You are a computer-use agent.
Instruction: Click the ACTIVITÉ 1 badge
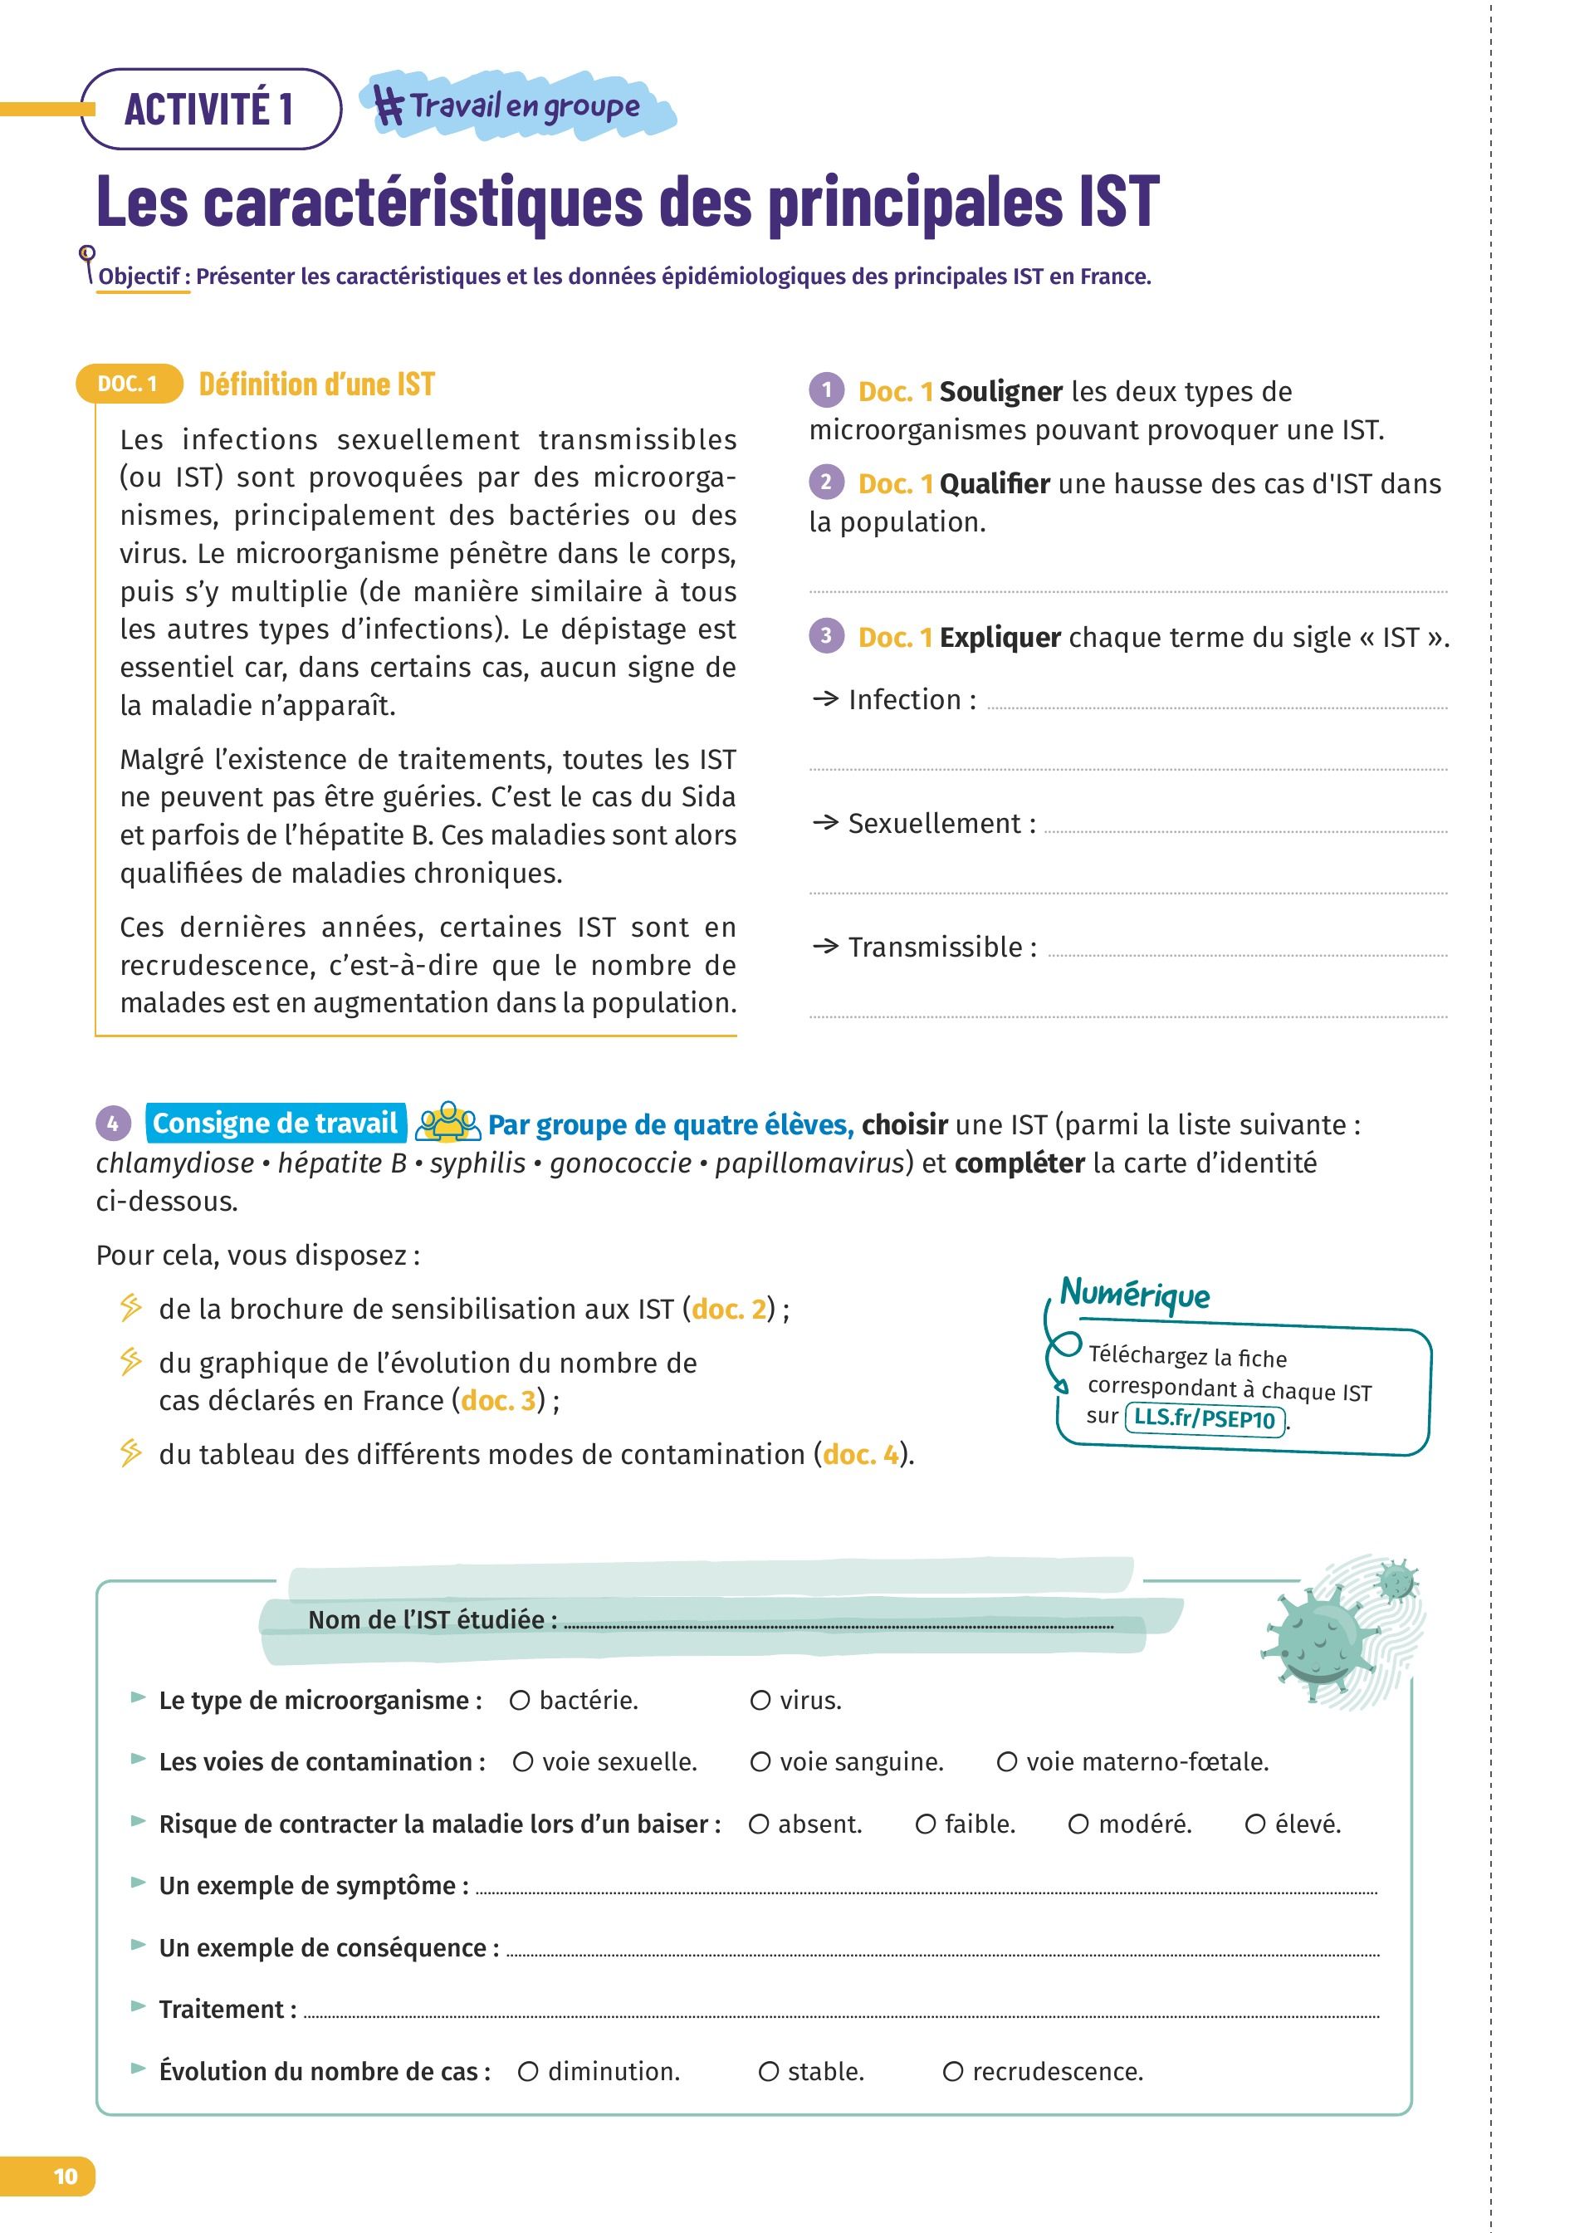coord(209,109)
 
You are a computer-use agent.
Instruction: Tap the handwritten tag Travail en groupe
coord(516,106)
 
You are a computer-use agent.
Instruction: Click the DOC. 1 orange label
coord(129,384)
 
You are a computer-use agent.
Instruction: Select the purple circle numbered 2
coord(826,482)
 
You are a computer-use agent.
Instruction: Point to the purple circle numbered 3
coord(826,636)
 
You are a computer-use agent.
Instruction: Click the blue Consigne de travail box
coord(275,1123)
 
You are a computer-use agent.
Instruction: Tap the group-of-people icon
coord(447,1123)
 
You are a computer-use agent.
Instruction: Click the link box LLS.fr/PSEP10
coord(1205,1418)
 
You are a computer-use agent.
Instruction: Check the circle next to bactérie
coord(521,1701)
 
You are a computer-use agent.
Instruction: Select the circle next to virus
coord(760,1701)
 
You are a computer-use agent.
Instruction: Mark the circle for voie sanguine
coord(760,1763)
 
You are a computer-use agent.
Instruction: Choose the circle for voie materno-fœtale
coord(1007,1763)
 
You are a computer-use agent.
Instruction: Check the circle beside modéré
coord(1078,1824)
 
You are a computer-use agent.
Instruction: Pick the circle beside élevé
coord(1255,1824)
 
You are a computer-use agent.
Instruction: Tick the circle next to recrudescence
coord(953,2072)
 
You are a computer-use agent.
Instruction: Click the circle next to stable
coord(770,2072)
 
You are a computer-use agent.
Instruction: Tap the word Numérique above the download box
coord(1136,1295)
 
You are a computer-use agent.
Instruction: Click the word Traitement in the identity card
coord(222,2010)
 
